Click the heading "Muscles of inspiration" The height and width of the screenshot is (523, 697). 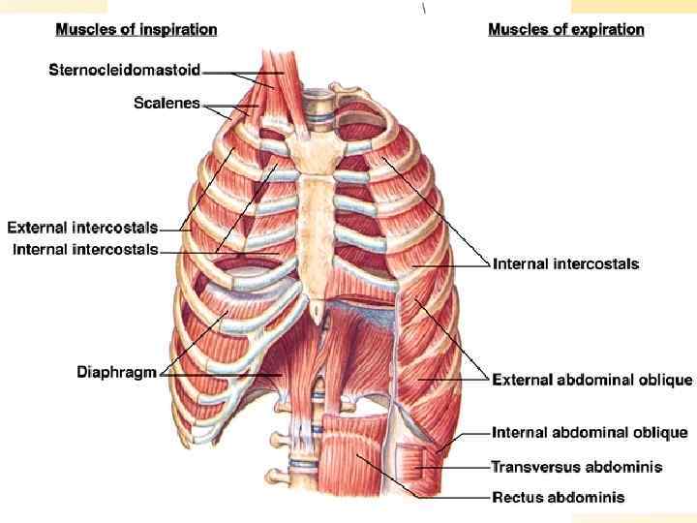(x=136, y=29)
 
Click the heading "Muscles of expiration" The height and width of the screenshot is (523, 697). (x=566, y=29)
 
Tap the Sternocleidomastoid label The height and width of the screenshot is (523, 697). (x=125, y=70)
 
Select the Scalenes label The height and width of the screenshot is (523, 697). (x=167, y=103)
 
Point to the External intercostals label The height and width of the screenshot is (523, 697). (x=82, y=229)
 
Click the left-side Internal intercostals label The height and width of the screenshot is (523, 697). (x=85, y=250)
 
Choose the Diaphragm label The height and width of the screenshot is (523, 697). (x=116, y=372)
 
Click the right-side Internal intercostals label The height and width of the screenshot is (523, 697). (x=566, y=263)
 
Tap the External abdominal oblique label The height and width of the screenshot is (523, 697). (x=592, y=379)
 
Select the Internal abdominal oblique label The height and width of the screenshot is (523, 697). (x=591, y=432)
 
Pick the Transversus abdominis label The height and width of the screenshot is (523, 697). (x=577, y=466)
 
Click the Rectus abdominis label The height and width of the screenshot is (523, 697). (x=559, y=497)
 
